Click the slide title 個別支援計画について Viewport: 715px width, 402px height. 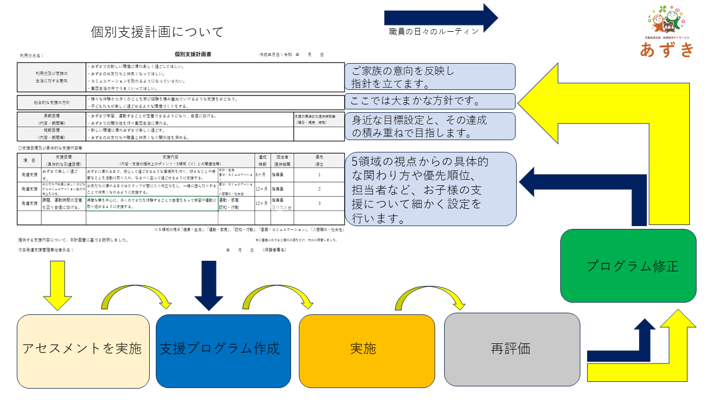tap(157, 32)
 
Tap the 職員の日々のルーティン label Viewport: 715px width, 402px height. tap(434, 31)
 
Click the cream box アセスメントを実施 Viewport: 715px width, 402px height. tap(83, 349)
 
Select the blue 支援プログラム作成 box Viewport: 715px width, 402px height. tap(223, 349)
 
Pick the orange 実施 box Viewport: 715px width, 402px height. tap(363, 349)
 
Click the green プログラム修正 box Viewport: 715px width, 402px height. tap(628, 266)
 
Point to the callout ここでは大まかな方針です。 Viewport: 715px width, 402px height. tap(430, 101)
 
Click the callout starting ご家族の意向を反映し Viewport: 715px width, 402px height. tap(430, 77)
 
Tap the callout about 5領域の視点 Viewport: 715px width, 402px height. tap(430, 189)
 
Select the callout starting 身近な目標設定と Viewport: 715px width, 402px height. tap(430, 126)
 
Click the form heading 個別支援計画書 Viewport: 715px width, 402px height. tap(193, 54)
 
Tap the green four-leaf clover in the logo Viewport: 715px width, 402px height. tap(662, 9)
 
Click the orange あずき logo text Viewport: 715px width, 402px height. tap(668, 50)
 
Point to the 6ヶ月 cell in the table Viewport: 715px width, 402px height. tap(261, 175)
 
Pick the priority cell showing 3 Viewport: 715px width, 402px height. tap(319, 203)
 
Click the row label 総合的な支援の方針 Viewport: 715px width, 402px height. tap(51, 103)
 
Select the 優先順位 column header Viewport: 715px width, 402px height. tap(319, 160)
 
